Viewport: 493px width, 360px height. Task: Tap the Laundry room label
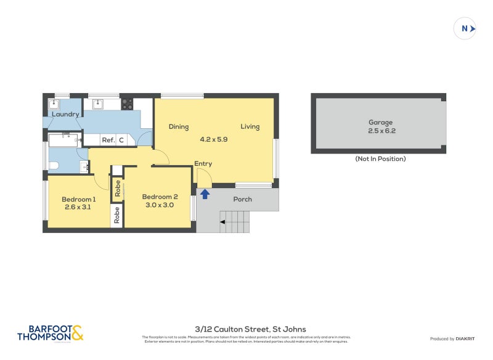(x=65, y=115)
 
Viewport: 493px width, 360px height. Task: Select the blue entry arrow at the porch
(x=205, y=194)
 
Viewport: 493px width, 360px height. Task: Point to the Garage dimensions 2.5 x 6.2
(x=380, y=131)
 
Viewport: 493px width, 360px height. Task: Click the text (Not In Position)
(x=380, y=159)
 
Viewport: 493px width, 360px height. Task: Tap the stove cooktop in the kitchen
(x=127, y=104)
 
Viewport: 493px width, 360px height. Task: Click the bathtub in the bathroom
(x=65, y=140)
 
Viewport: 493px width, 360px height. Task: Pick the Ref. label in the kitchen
(x=108, y=141)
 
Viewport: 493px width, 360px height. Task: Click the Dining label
(x=179, y=127)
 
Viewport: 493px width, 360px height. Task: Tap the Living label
(x=250, y=127)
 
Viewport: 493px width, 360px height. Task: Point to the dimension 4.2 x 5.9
(x=214, y=140)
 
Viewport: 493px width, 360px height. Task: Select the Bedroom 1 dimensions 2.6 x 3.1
(x=78, y=208)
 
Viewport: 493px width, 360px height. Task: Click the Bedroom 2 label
(x=160, y=197)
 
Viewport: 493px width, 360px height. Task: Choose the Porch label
(x=243, y=199)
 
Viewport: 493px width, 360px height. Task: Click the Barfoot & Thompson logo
(x=50, y=333)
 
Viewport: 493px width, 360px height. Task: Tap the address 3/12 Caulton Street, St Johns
(x=246, y=329)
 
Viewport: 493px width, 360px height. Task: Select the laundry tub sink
(x=54, y=104)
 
